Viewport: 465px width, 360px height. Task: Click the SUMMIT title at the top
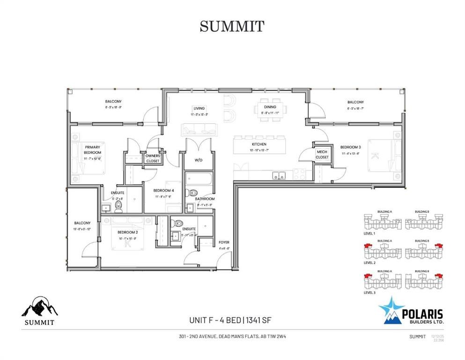pos(232,26)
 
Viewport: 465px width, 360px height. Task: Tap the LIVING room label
pos(199,108)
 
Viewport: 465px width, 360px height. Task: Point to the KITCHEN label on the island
pos(259,144)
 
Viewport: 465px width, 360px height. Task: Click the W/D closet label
pos(198,159)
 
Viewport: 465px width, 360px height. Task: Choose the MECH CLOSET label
pos(322,155)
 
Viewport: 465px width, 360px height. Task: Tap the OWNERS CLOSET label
pos(152,158)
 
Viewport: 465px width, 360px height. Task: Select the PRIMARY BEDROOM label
pos(93,150)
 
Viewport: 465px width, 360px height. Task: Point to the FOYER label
pos(224,242)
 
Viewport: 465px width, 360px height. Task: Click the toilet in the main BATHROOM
pos(193,192)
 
